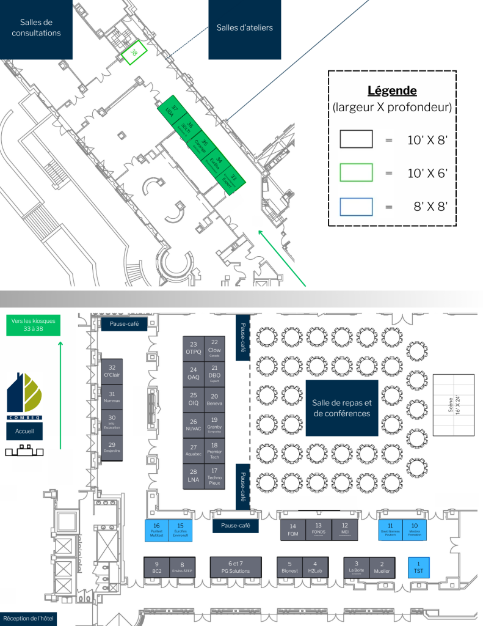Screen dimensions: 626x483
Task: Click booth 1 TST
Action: (418, 567)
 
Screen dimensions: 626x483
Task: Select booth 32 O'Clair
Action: (112, 371)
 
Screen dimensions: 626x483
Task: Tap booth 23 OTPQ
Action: (194, 348)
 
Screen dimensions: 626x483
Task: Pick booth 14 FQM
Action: (292, 529)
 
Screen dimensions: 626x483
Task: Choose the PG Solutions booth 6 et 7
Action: (236, 567)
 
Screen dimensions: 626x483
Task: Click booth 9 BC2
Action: (157, 567)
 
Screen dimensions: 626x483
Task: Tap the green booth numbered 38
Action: (133, 53)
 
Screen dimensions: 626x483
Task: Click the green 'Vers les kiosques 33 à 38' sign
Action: (34, 325)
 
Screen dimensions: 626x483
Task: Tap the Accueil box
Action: (24, 431)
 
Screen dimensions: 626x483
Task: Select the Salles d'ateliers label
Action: (244, 28)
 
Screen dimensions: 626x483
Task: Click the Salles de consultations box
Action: (36, 28)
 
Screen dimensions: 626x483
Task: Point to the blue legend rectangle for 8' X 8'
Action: (356, 207)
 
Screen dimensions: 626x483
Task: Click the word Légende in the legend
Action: (392, 91)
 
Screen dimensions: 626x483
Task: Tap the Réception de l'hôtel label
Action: (28, 619)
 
